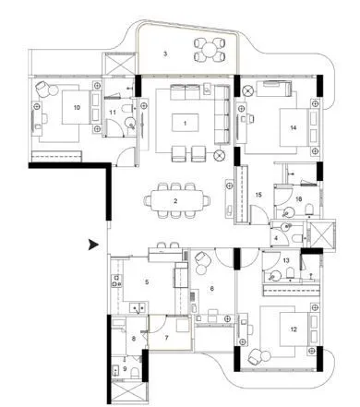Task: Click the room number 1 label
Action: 185,122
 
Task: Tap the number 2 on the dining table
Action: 174,200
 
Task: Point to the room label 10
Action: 76,108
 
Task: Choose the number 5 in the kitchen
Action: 145,281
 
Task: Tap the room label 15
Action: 258,195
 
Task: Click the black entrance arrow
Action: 91,245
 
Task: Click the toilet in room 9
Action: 136,373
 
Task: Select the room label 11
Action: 113,113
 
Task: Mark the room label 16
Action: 298,198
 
